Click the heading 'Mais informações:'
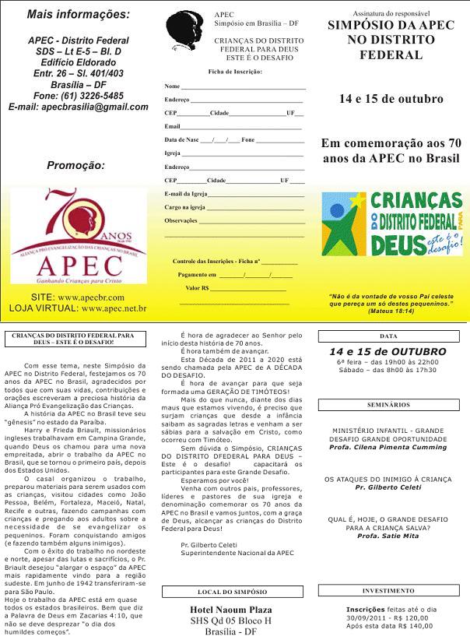(x=79, y=14)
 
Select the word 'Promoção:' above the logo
(x=75, y=165)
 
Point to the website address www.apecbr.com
(x=90, y=297)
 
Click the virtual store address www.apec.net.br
(x=114, y=308)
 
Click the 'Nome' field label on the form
(x=173, y=86)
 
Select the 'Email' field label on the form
(x=173, y=126)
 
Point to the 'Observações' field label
(x=181, y=220)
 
